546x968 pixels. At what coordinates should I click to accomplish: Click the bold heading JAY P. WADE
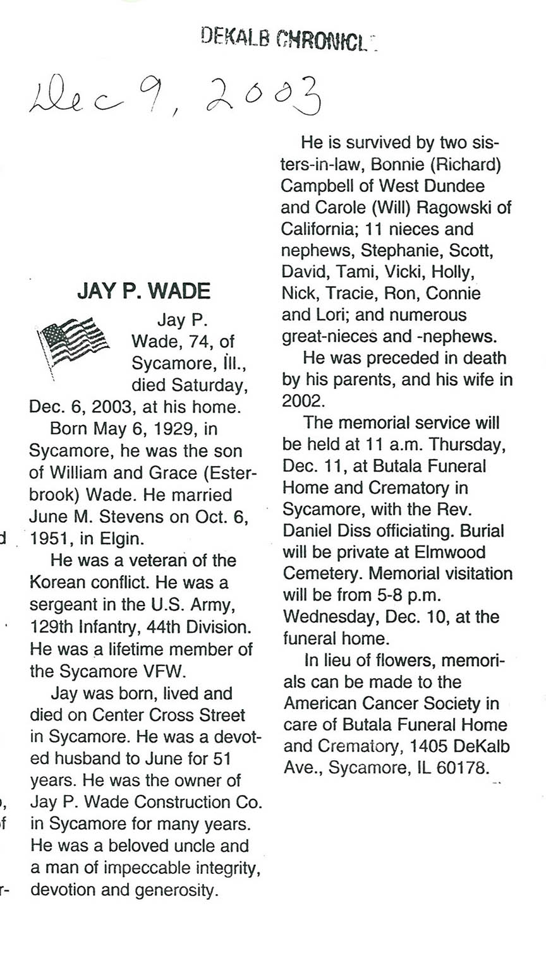tap(143, 291)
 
